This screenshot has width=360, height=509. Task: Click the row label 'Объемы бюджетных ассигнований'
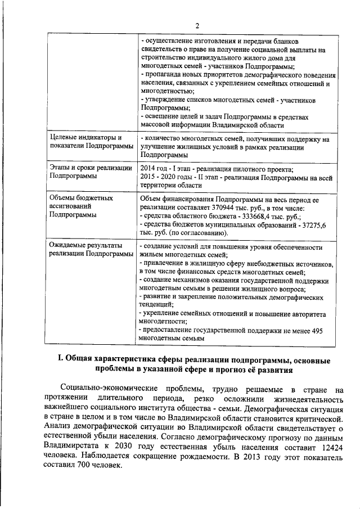click(x=80, y=206)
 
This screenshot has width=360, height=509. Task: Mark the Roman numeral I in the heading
click(x=62, y=360)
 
